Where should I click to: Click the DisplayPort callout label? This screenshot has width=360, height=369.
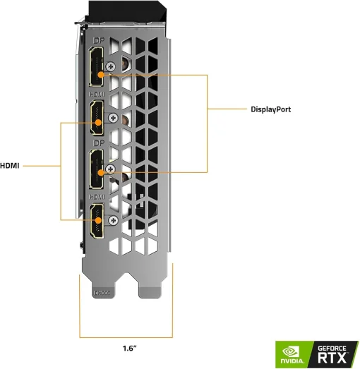(270, 109)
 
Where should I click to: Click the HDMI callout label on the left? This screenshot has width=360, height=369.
(10, 166)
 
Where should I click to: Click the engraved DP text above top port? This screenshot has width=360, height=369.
(97, 40)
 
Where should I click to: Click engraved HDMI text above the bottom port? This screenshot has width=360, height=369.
(97, 196)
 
